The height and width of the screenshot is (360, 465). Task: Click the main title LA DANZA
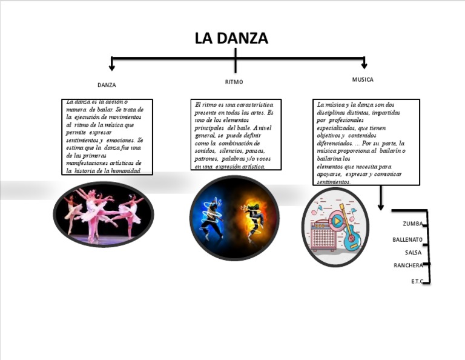(231, 38)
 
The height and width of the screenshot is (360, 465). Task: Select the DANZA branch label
(107, 85)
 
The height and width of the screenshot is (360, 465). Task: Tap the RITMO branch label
(234, 82)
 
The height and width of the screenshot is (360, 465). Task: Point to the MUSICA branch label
(363, 79)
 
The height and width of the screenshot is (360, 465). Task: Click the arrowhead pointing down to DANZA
(111, 67)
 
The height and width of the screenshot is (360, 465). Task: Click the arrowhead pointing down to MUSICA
(364, 65)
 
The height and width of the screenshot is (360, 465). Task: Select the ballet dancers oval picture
(104, 214)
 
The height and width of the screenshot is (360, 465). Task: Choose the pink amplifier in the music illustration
(323, 235)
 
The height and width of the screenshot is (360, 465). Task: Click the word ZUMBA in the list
(412, 224)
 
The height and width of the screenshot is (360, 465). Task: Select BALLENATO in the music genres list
(407, 239)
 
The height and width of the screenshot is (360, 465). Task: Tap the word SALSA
(413, 253)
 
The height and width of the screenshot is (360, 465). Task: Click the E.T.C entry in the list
(417, 281)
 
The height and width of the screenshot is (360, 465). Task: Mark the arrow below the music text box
(381, 199)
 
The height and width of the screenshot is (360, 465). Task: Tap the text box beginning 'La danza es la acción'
(107, 137)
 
